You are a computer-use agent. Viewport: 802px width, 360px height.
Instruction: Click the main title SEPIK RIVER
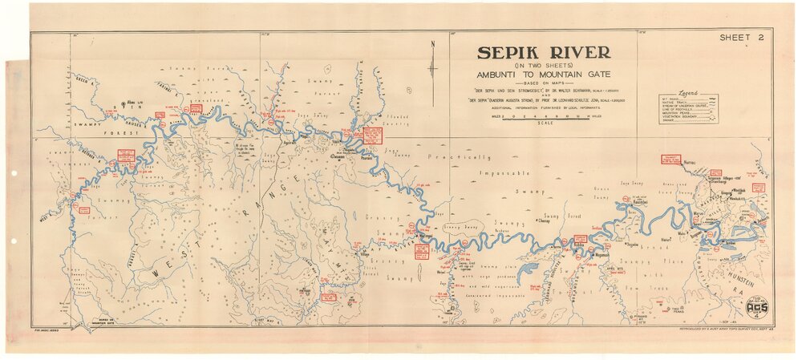[x=544, y=53]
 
